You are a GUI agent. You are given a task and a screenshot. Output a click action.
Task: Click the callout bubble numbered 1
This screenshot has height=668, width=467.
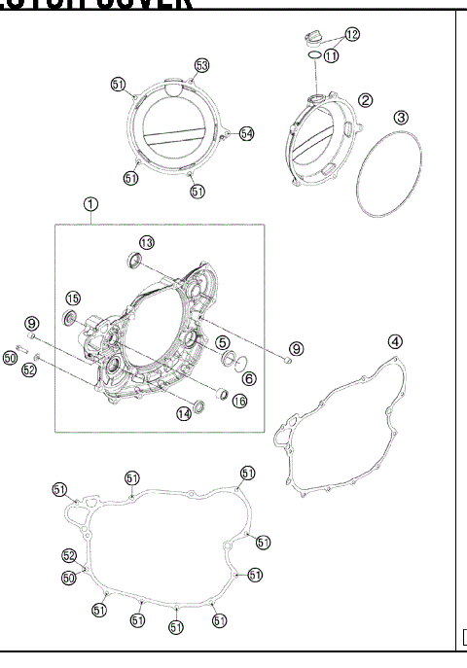click(x=90, y=205)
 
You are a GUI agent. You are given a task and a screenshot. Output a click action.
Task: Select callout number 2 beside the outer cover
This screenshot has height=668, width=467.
click(x=366, y=100)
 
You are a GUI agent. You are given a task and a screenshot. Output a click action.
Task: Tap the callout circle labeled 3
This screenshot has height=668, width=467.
click(x=401, y=117)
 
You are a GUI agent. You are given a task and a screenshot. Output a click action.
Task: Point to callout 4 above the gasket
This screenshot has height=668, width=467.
click(x=395, y=341)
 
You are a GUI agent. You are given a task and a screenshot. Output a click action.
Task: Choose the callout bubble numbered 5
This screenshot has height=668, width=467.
click(x=223, y=342)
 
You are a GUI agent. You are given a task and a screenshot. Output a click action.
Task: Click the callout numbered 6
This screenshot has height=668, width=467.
click(x=249, y=379)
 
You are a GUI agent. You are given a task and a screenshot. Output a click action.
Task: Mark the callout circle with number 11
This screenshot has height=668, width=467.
click(x=332, y=57)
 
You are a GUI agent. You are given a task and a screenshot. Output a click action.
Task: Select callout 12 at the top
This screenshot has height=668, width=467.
click(x=352, y=34)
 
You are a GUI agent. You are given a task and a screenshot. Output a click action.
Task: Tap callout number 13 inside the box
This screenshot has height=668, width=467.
click(x=146, y=242)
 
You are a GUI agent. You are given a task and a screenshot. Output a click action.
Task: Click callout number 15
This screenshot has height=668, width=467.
click(x=73, y=298)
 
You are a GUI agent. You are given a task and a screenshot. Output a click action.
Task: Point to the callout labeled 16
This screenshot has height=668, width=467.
click(x=239, y=401)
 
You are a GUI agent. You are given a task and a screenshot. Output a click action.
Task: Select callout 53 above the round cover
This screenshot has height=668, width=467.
click(x=201, y=65)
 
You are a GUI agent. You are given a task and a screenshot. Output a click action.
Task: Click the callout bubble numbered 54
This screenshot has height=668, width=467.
click(x=246, y=133)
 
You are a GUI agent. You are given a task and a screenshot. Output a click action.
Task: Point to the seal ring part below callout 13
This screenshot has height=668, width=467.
click(x=133, y=260)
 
